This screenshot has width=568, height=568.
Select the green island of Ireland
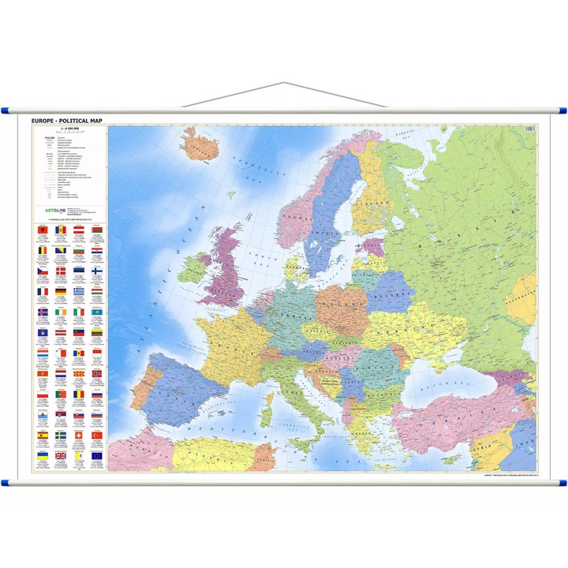(192, 268)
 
